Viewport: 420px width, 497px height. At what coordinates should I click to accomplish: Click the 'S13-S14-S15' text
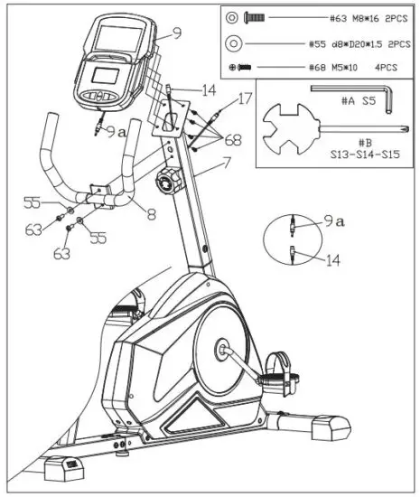(x=366, y=155)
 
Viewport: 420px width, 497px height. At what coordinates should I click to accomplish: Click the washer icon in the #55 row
(x=233, y=42)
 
